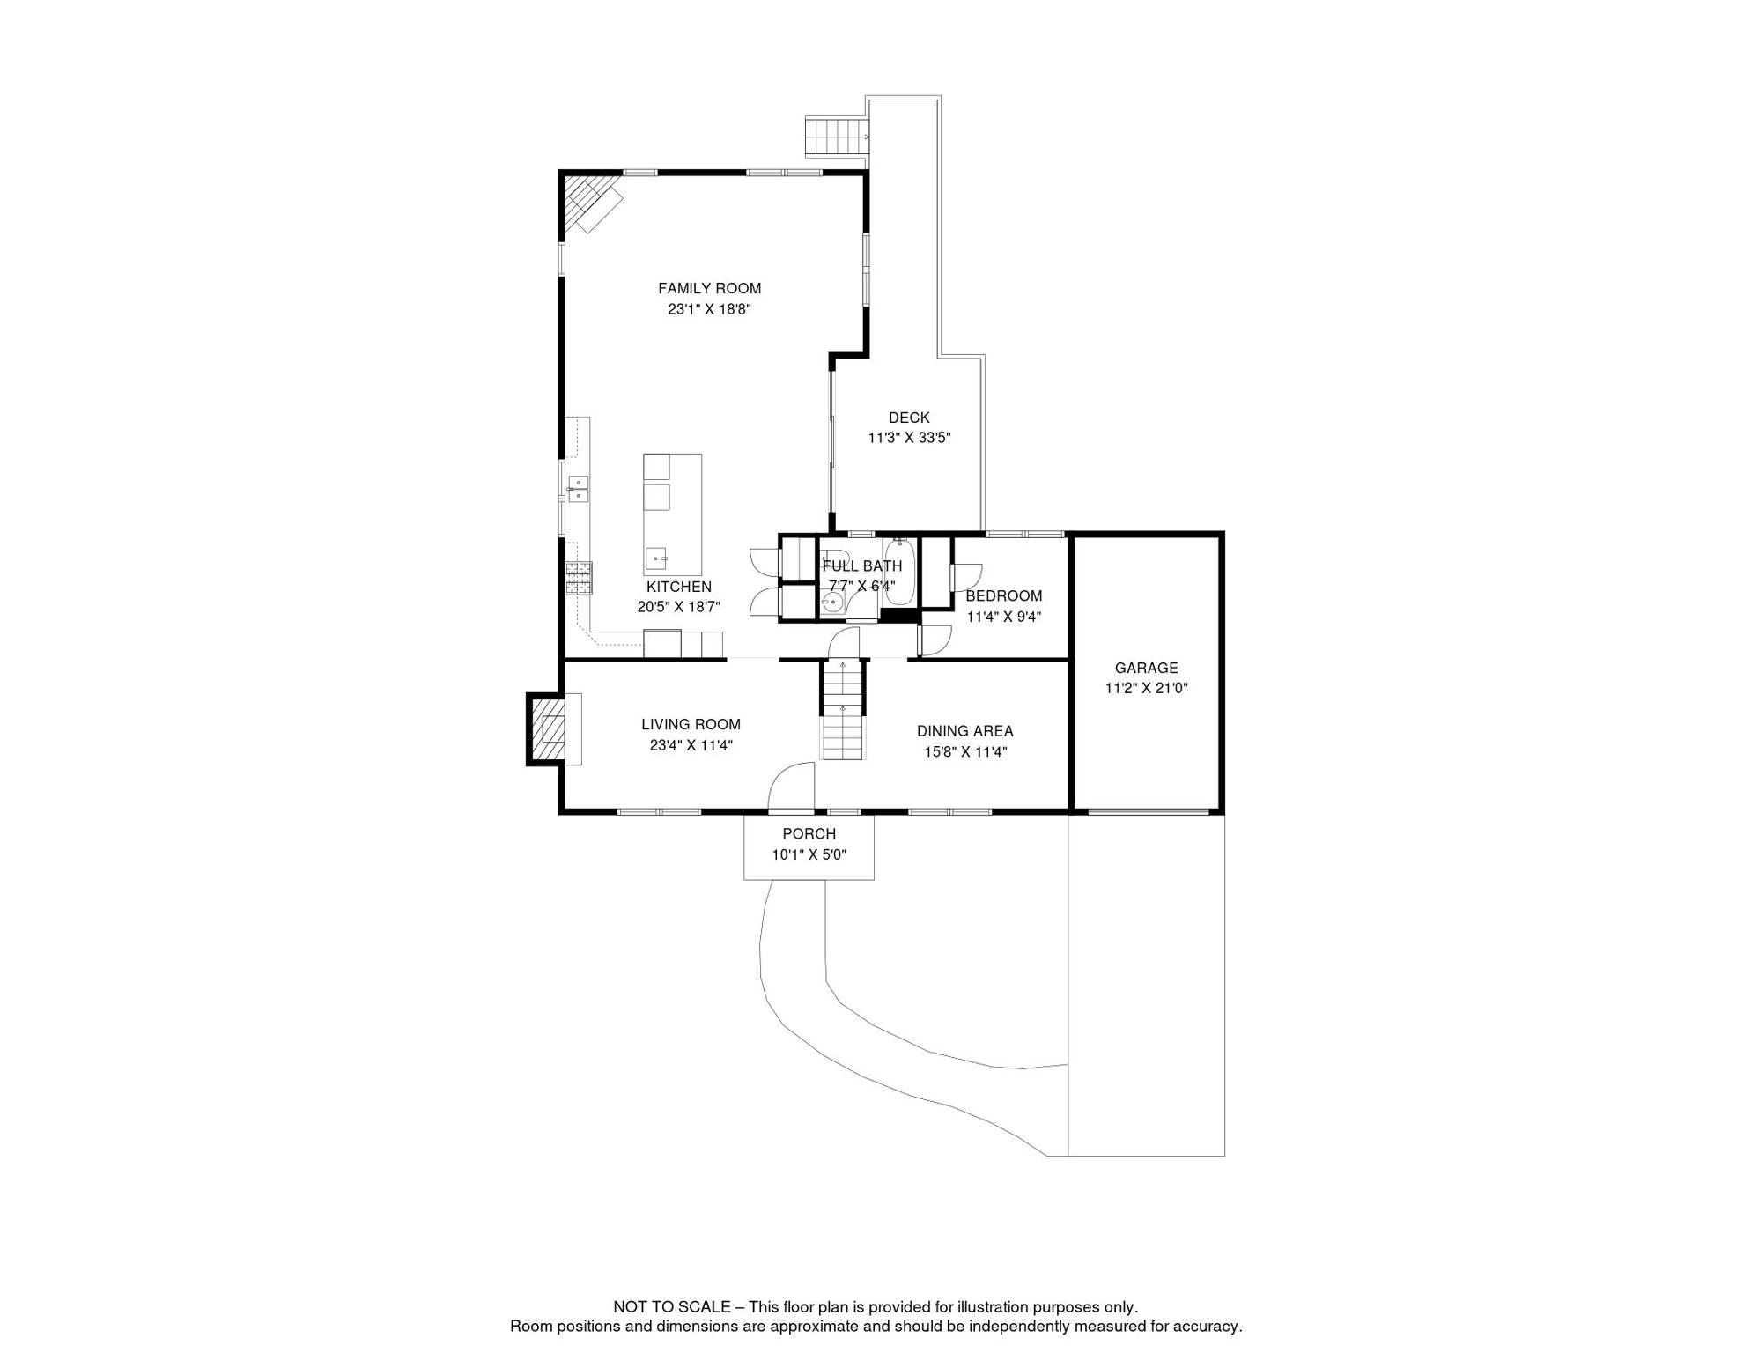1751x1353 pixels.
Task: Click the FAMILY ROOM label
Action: tap(709, 288)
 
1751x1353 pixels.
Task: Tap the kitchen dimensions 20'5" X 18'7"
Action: tap(679, 607)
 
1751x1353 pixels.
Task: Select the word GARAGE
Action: tap(1146, 668)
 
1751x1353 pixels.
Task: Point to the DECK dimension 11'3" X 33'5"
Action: tap(909, 438)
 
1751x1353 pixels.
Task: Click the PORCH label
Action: tap(809, 833)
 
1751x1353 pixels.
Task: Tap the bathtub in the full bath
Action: tap(899, 572)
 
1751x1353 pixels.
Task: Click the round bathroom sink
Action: tap(831, 603)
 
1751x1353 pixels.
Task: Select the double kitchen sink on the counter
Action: tap(579, 489)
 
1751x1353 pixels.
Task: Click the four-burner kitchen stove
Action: tap(579, 578)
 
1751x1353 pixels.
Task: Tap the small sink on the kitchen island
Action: tap(656, 558)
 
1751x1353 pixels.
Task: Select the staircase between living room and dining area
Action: tap(843, 709)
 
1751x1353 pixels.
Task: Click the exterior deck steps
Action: tap(836, 137)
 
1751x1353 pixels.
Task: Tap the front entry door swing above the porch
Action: tap(791, 786)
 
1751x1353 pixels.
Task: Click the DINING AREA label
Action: tap(964, 731)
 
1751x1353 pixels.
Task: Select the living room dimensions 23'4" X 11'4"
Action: tap(691, 745)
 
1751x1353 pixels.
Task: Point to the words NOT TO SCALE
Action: tap(671, 1307)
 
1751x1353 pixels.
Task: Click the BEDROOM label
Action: tap(1003, 595)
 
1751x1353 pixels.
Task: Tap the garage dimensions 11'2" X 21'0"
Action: tap(1147, 689)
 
